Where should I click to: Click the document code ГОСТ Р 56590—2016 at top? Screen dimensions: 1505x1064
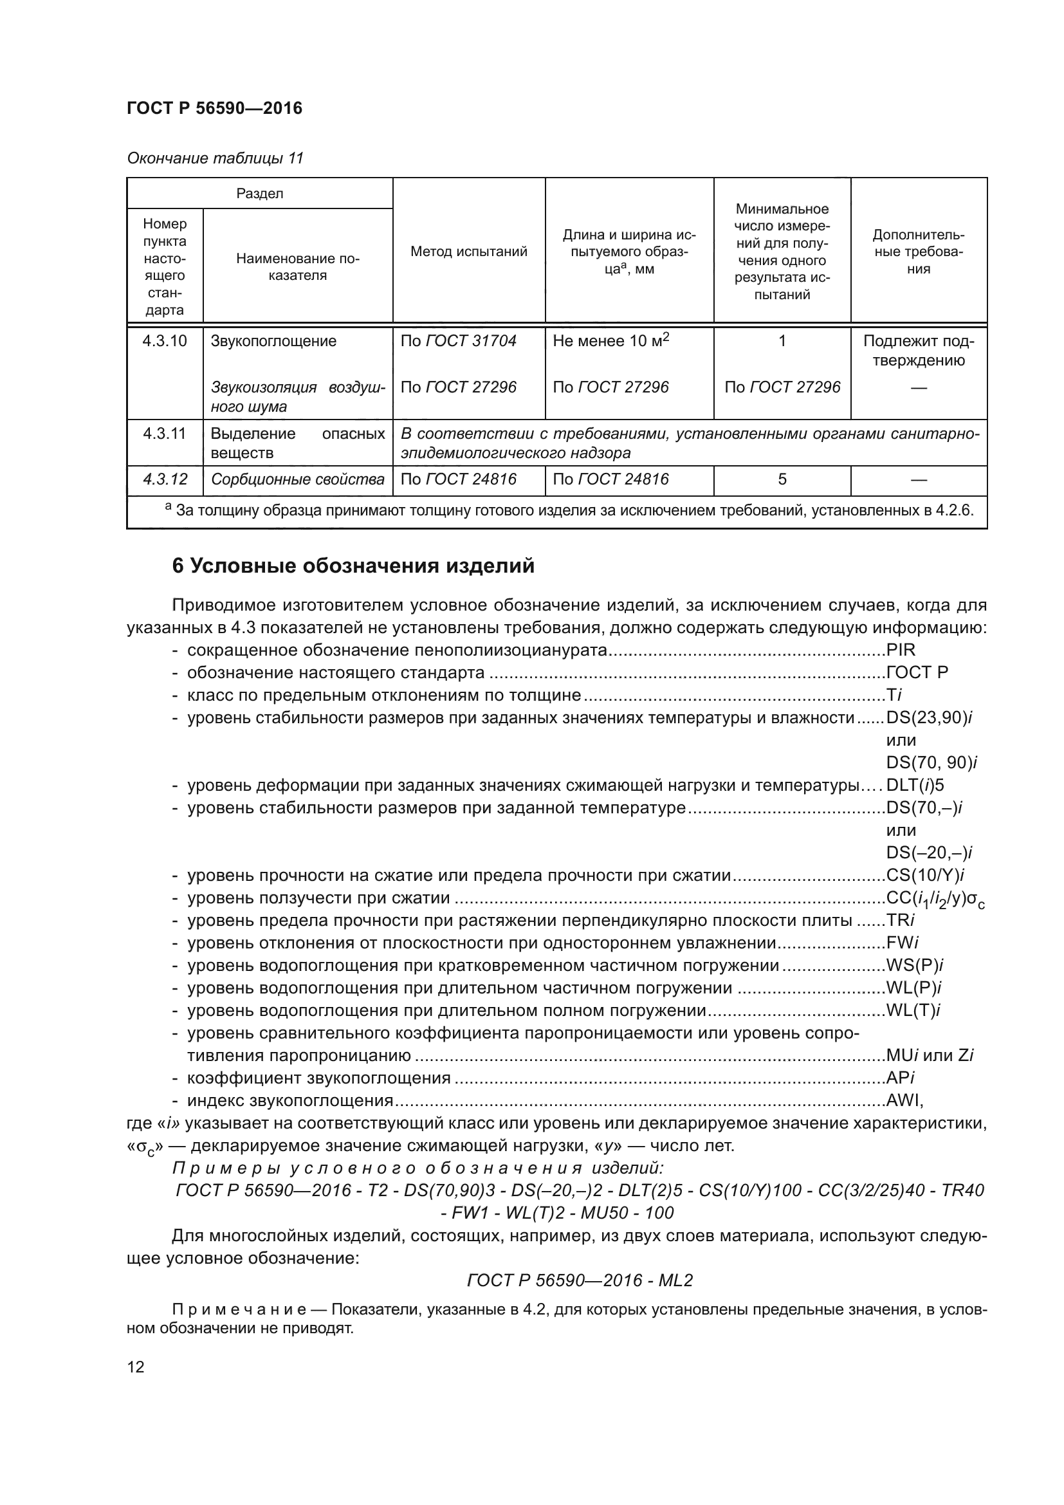tap(214, 108)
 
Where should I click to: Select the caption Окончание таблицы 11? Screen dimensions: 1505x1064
tap(215, 158)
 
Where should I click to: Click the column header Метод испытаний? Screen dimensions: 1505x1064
tap(468, 252)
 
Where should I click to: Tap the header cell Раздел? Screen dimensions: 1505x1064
tap(259, 194)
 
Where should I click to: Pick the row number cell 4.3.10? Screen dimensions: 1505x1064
tap(165, 341)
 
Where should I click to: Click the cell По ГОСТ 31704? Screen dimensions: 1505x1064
tap(458, 341)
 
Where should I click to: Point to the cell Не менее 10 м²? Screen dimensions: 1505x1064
tap(610, 340)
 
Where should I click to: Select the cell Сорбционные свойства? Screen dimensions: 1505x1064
tap(297, 480)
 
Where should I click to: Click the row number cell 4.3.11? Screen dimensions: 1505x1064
tap(165, 433)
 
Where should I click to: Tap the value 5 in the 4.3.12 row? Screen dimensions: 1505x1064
tap(782, 480)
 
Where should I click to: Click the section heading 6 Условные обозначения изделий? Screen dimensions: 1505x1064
tap(353, 566)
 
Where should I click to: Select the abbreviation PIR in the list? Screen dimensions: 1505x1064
tap(900, 651)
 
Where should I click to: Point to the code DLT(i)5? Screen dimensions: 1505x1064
tap(915, 785)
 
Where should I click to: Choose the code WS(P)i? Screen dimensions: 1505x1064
tap(914, 966)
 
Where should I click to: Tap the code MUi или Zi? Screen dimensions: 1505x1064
tap(929, 1055)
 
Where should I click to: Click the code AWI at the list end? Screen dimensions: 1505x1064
tap(904, 1100)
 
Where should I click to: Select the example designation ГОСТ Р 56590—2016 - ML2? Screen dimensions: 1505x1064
tap(580, 1280)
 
